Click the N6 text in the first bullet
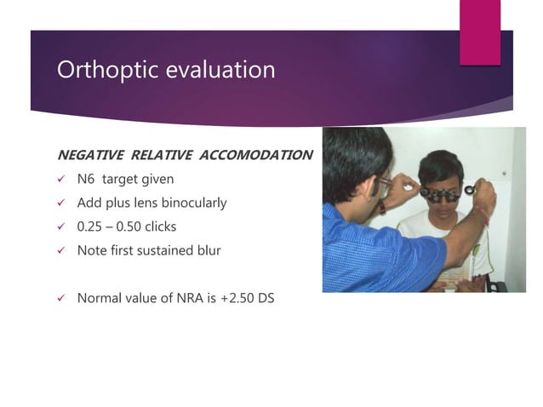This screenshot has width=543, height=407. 86,180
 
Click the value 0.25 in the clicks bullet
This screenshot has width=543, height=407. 91,227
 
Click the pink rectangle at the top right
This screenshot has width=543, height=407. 479,32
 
